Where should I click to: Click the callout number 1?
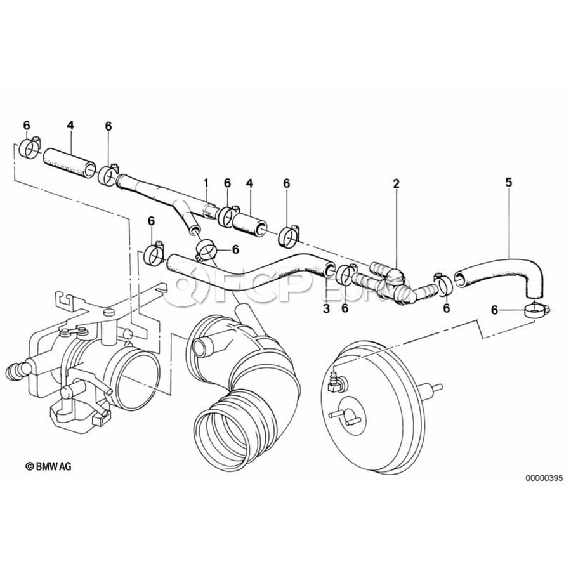(x=206, y=183)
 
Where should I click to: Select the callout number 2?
(x=396, y=183)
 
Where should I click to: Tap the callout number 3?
(x=326, y=308)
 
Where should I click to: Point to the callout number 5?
(x=508, y=182)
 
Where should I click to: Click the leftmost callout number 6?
(x=26, y=125)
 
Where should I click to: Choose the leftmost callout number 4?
(x=70, y=125)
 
